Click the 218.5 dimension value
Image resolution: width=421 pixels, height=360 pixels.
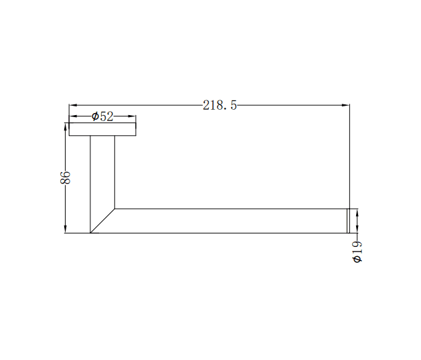[x=220, y=105]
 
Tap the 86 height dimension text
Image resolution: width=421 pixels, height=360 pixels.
[x=66, y=178]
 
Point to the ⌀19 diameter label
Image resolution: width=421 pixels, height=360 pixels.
[x=357, y=251]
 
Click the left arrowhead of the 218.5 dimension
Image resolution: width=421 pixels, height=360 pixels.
[x=73, y=105]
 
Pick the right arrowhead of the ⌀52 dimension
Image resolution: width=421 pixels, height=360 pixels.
[x=132, y=116]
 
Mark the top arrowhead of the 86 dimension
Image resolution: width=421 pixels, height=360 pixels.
[x=65, y=127]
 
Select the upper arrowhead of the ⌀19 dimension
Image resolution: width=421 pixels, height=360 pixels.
[x=357, y=213]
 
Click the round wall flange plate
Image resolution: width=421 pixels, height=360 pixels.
[x=102, y=129]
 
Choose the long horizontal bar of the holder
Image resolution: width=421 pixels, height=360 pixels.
[x=228, y=221]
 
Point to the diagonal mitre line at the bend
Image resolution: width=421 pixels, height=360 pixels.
[x=102, y=221]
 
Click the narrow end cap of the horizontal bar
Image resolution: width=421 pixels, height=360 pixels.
[x=347, y=221]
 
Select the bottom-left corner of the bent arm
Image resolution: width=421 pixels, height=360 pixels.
[x=90, y=233]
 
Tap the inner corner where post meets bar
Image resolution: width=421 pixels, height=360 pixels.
[x=114, y=209]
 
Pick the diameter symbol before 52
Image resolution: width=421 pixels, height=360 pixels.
[x=95, y=116]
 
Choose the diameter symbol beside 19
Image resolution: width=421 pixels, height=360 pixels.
[x=357, y=259]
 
